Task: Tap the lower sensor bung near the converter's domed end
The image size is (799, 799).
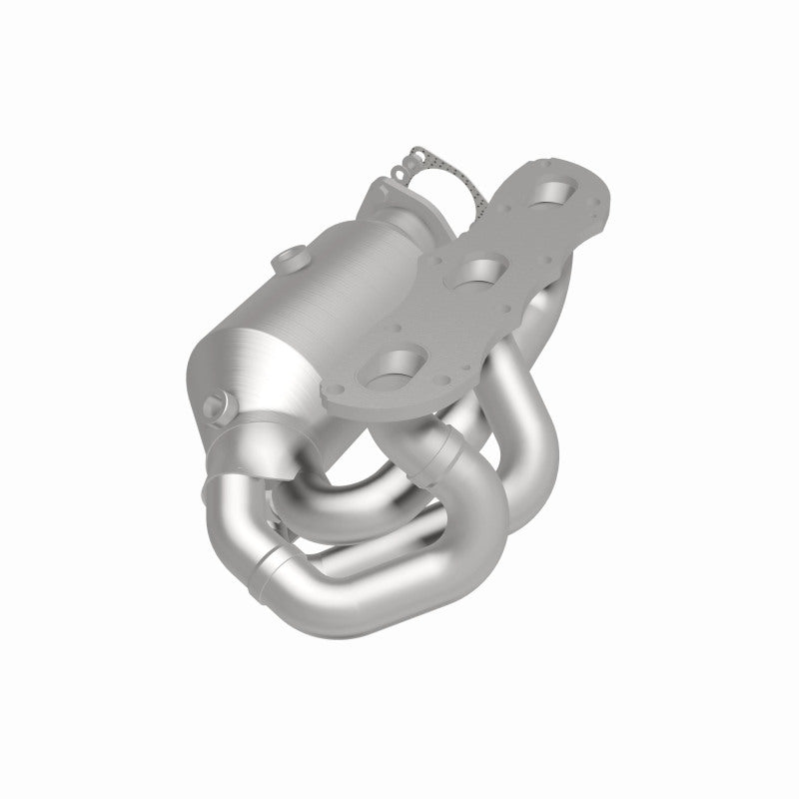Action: (x=218, y=407)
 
